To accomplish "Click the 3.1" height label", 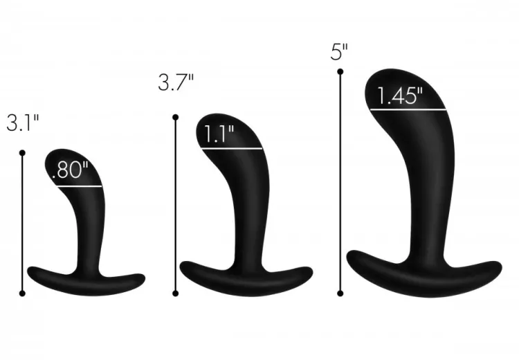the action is pos(23,123).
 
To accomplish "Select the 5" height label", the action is pos(339,52).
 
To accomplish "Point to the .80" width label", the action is pos(70,170).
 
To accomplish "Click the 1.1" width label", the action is pos(219,134).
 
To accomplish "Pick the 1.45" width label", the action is pos(400,96).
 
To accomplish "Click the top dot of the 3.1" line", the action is pos(22,153).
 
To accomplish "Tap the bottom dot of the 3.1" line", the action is pos(22,293).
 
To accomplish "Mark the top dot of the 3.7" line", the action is pos(176,117).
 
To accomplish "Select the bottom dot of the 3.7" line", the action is pos(176,293).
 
